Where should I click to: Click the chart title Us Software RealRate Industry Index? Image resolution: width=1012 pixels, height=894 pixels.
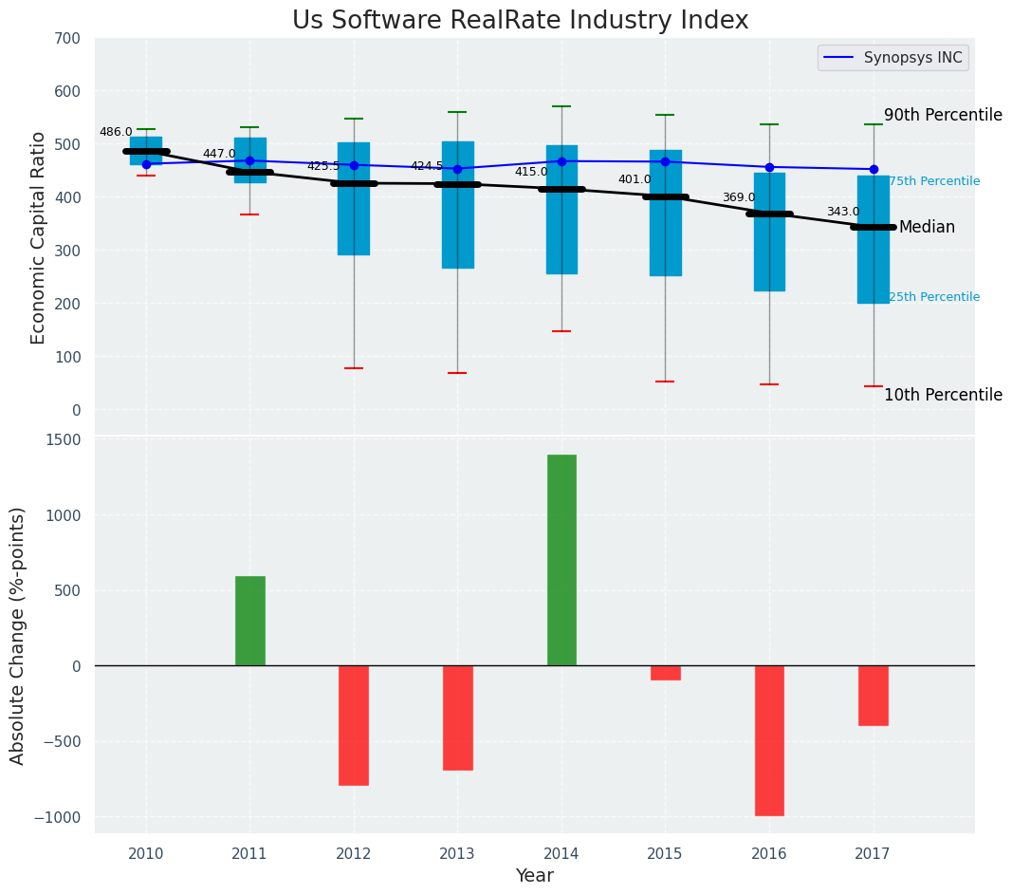click(x=520, y=21)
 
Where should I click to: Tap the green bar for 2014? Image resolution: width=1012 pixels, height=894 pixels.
click(x=561, y=560)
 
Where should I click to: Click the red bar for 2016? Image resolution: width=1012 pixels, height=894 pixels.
click(x=769, y=740)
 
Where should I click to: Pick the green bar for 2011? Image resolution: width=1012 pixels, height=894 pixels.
click(x=249, y=621)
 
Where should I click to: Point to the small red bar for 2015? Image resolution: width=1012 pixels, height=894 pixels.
click(x=665, y=673)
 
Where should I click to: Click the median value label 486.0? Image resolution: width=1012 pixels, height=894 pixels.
click(x=116, y=132)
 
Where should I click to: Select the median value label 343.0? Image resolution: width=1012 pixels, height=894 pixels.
click(x=842, y=212)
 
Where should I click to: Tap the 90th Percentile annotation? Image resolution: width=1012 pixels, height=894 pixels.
click(x=943, y=116)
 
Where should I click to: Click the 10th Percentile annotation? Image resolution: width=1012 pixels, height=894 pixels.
click(x=943, y=395)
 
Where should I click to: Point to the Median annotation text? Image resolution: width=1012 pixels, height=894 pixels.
click(x=927, y=228)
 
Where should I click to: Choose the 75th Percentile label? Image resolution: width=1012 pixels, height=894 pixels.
click(x=933, y=181)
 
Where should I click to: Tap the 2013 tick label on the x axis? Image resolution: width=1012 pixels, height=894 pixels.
click(x=457, y=854)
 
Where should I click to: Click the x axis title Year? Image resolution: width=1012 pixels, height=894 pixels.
click(x=534, y=876)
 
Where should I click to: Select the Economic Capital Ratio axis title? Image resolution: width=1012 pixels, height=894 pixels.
click(x=39, y=237)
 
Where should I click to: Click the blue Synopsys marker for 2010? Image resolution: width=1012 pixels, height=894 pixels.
click(x=146, y=164)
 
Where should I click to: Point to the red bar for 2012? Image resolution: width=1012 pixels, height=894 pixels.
click(x=354, y=725)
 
